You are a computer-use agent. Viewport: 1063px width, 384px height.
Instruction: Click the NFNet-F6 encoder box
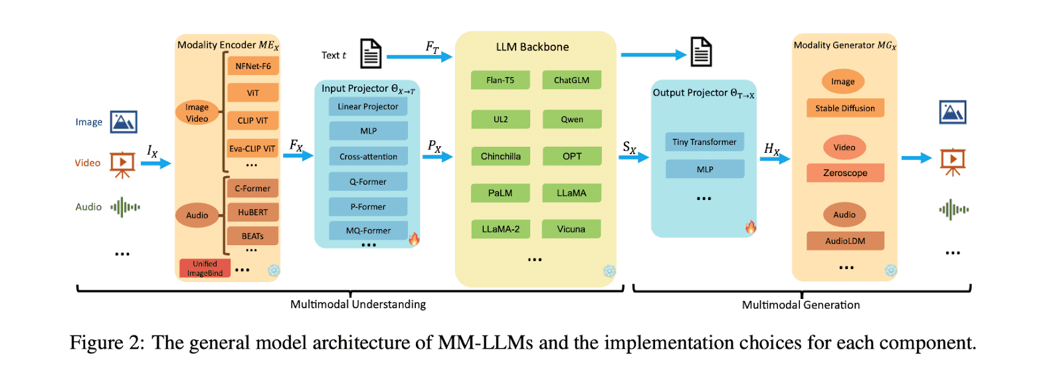pyautogui.click(x=253, y=66)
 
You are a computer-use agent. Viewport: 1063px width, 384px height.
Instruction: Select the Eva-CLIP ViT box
pyautogui.click(x=252, y=149)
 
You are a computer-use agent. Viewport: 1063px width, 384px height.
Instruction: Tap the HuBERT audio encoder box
pyautogui.click(x=252, y=213)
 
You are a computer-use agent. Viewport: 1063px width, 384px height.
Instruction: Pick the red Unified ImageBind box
pyautogui.click(x=205, y=268)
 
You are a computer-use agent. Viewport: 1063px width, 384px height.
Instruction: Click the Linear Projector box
pyautogui.click(x=368, y=106)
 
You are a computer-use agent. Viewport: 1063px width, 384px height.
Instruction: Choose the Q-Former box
pyautogui.click(x=368, y=181)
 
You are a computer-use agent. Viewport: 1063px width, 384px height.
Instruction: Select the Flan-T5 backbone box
pyautogui.click(x=500, y=80)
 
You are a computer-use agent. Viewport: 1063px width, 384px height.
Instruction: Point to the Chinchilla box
pyautogui.click(x=500, y=156)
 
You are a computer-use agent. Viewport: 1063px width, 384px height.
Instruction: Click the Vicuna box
pyautogui.click(x=571, y=229)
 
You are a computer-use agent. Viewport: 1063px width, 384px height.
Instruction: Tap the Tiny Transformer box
pyautogui.click(x=704, y=142)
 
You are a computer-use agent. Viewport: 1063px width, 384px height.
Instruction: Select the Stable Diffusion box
pyautogui.click(x=845, y=108)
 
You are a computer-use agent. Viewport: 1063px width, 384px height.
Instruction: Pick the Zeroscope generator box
pyautogui.click(x=845, y=173)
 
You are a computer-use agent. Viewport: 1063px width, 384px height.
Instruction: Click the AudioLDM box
pyautogui.click(x=845, y=241)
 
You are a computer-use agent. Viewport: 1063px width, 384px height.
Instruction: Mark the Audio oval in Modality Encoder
pyautogui.click(x=197, y=215)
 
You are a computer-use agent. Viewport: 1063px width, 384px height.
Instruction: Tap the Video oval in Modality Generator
pyautogui.click(x=844, y=147)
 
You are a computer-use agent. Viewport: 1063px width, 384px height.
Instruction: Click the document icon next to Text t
pyautogui.click(x=371, y=54)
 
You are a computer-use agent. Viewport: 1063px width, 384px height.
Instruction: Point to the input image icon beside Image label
pyautogui.click(x=124, y=122)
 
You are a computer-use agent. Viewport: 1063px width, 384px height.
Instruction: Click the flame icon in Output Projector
pyautogui.click(x=751, y=227)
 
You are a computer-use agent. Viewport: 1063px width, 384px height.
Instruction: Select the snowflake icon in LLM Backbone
pyautogui.click(x=609, y=271)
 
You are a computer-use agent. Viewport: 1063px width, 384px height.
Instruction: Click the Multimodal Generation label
pyautogui.click(x=801, y=305)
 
